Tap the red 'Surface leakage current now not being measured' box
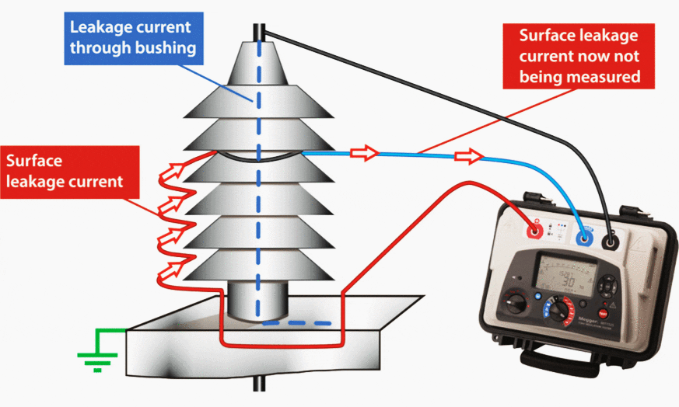tap(579, 56)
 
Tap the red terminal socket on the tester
tap(535, 231)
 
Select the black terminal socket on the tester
tap(611, 242)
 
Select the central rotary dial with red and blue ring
tap(558, 311)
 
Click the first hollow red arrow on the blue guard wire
tap(362, 153)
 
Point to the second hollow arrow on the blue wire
tap(467, 157)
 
